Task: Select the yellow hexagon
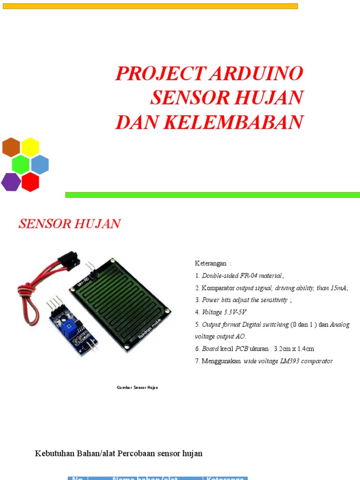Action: (30, 147)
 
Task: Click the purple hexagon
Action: (10, 182)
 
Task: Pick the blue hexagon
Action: (40, 165)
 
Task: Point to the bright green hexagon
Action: (21, 165)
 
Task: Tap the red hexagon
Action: (30, 182)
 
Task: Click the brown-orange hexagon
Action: (11, 147)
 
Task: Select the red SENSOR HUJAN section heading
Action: (69, 224)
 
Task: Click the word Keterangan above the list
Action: (210, 263)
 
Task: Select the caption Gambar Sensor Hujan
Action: (137, 388)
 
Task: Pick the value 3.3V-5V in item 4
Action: (234, 312)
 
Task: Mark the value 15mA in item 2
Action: (337, 288)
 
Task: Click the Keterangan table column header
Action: (226, 477)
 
